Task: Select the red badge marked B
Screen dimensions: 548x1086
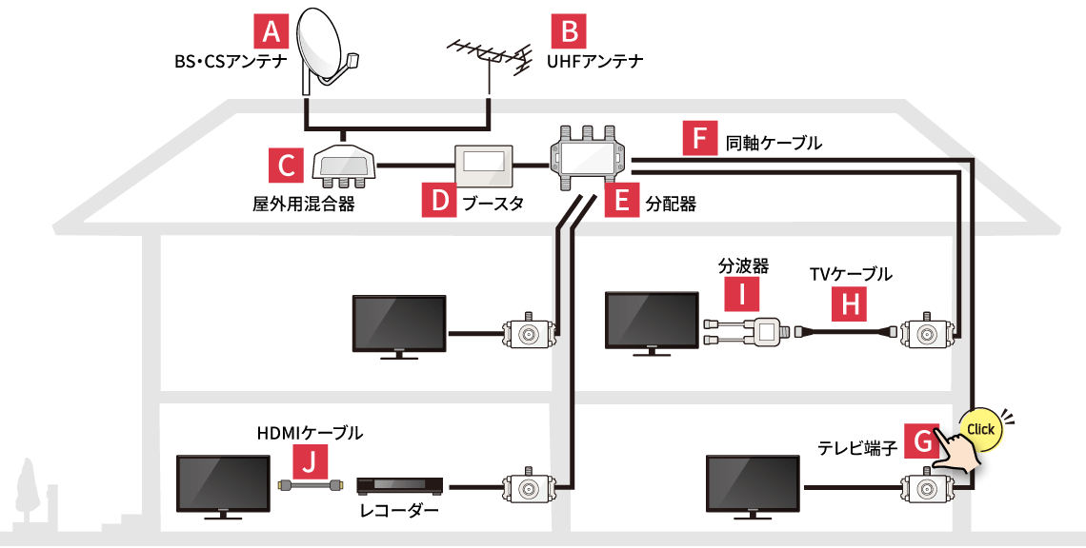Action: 569,33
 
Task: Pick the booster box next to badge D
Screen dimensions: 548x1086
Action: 485,166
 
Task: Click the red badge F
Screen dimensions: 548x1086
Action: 700,141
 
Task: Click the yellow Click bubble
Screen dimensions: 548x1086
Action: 980,429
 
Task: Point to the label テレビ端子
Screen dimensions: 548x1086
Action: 857,447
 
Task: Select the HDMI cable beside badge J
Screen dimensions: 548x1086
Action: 308,485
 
